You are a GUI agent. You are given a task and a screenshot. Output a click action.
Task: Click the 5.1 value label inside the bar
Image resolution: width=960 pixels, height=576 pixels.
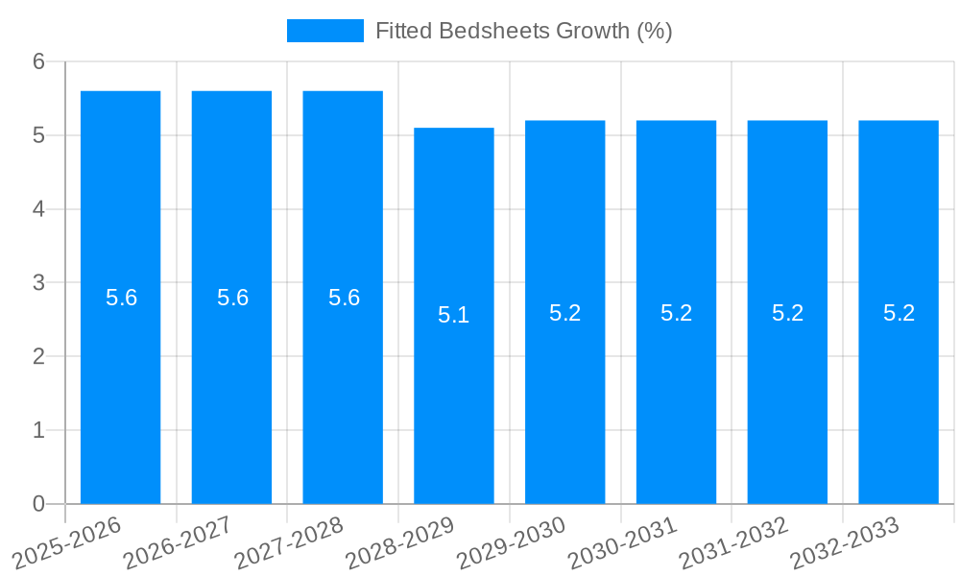point(453,315)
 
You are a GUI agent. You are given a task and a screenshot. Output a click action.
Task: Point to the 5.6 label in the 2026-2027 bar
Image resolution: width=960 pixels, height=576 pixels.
point(232,298)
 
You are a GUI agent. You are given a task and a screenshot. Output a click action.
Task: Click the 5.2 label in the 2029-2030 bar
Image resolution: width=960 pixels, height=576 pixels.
point(564,313)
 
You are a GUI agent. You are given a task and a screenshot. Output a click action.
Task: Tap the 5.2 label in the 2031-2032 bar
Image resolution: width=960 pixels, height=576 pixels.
point(787,313)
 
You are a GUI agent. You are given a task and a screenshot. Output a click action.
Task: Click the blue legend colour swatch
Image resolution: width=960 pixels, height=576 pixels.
point(324,31)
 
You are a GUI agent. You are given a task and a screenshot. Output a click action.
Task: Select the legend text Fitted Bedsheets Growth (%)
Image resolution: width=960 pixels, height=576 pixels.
point(523,31)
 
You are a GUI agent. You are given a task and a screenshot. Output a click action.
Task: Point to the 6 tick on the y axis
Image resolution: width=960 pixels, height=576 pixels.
point(39,61)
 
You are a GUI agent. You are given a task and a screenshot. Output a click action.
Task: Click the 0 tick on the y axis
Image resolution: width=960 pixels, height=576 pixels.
point(39,504)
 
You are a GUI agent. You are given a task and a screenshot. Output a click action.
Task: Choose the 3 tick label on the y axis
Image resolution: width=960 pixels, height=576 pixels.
point(39,283)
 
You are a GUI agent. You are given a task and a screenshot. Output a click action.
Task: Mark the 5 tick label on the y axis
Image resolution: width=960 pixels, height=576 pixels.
point(39,135)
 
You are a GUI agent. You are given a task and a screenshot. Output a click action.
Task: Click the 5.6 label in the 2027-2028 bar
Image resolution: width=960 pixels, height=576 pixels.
point(344,298)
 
